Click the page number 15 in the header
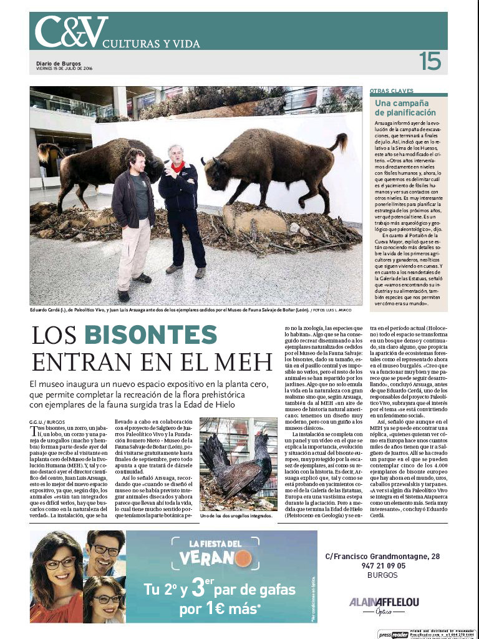[x=430, y=62]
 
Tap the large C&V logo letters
[x=70, y=32]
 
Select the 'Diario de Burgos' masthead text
[x=58, y=64]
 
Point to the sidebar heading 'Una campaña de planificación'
[x=405, y=107]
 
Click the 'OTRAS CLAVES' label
[x=391, y=90]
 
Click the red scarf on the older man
[x=180, y=167]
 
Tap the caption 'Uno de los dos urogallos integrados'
[x=236, y=517]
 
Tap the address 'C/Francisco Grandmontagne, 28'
[x=382, y=556]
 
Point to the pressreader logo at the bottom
[x=392, y=633]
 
